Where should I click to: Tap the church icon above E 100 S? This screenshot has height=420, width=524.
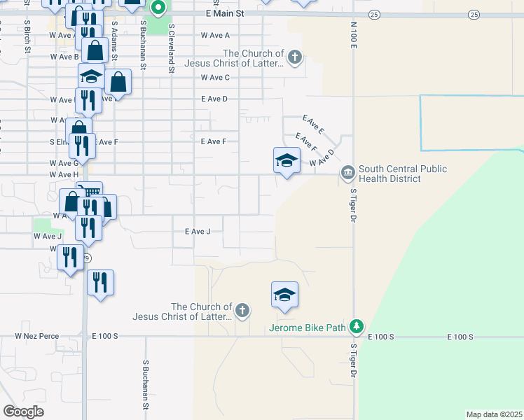pos(242,311)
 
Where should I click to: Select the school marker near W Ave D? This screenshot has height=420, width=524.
pos(286,161)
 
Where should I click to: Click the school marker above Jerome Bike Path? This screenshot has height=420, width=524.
pos(285,295)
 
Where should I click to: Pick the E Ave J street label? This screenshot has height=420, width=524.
pos(198,232)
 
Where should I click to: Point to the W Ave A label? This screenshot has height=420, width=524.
pos(215,35)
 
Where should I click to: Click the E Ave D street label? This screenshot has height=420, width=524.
pos(214,99)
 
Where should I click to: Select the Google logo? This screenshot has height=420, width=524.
pos(23,412)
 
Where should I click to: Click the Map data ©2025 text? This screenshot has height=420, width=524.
pos(493,414)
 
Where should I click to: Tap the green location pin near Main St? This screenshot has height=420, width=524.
pos(158,8)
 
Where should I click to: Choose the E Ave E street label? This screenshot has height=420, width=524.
pos(313,125)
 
